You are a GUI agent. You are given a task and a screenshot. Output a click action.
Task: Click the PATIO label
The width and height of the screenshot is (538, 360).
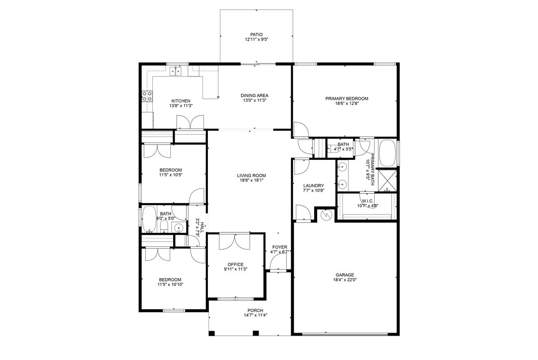click(256, 34)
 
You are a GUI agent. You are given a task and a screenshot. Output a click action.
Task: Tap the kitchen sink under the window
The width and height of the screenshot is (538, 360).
click(176, 72)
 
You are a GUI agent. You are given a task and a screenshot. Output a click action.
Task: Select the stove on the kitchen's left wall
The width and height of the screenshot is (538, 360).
click(147, 96)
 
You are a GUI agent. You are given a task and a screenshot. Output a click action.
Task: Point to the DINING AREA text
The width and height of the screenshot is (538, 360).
click(255, 95)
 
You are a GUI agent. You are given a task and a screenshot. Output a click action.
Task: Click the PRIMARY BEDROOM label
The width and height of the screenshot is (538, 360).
click(346, 98)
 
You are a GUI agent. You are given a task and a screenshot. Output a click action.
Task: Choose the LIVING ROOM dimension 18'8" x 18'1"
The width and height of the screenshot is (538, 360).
click(252, 181)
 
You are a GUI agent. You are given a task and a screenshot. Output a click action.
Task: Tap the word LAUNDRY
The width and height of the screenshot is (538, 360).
click(313, 186)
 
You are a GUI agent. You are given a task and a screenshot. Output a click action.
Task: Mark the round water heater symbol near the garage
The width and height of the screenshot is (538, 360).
click(326, 215)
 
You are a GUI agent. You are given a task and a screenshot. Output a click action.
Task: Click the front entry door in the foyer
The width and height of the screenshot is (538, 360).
click(278, 271)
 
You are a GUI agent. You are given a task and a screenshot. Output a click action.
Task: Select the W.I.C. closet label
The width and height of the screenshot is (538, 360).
click(367, 201)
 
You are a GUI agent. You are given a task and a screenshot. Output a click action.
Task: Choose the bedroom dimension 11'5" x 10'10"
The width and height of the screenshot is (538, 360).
click(170, 285)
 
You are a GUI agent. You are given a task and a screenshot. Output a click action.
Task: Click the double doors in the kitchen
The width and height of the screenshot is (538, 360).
click(190, 121)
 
